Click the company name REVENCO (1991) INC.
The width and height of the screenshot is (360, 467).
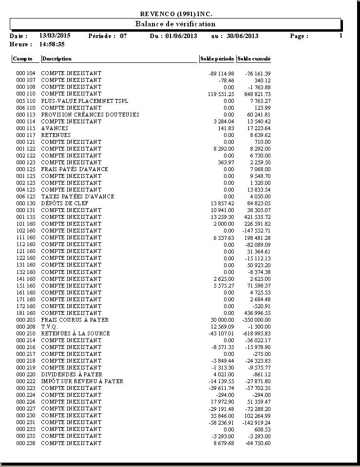pos(176,14)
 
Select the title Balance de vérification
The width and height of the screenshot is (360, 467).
pos(175,24)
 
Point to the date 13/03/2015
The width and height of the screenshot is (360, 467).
pos(55,36)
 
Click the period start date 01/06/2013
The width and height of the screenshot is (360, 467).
pos(182,36)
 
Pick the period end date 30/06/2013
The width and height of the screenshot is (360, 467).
pos(242,36)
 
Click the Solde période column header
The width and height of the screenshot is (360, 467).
pos(217,59)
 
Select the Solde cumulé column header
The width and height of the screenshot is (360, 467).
pos(253,59)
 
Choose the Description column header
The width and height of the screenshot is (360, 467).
pos(57,59)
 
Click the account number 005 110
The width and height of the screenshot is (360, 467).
pos(26,101)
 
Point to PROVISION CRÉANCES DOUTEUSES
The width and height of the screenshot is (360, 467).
pos(90,115)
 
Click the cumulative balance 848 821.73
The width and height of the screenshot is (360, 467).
pos(258,94)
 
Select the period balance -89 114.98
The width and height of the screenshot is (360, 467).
pos(221,74)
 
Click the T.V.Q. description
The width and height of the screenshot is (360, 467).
pos(49,327)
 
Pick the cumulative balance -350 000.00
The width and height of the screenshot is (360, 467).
pos(256,320)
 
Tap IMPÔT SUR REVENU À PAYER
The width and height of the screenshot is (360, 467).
pos(82,381)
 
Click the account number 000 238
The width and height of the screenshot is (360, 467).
pos(26,443)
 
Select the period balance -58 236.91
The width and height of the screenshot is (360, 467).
pos(221,423)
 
